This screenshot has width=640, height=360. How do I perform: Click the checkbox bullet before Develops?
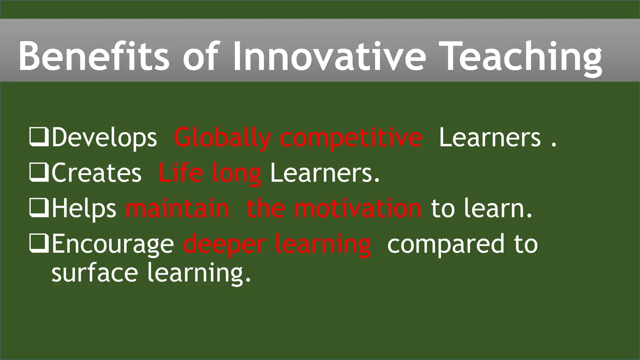coord(39,137)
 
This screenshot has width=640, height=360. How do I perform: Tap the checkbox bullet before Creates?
coord(39,173)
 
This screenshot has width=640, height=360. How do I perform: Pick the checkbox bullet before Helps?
coord(39,208)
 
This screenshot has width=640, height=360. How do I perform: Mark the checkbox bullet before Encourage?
coord(39,244)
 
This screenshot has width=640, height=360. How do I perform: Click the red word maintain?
coord(177,208)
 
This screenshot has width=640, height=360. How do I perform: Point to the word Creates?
coord(97,173)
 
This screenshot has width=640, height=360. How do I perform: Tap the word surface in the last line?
coord(95,272)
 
